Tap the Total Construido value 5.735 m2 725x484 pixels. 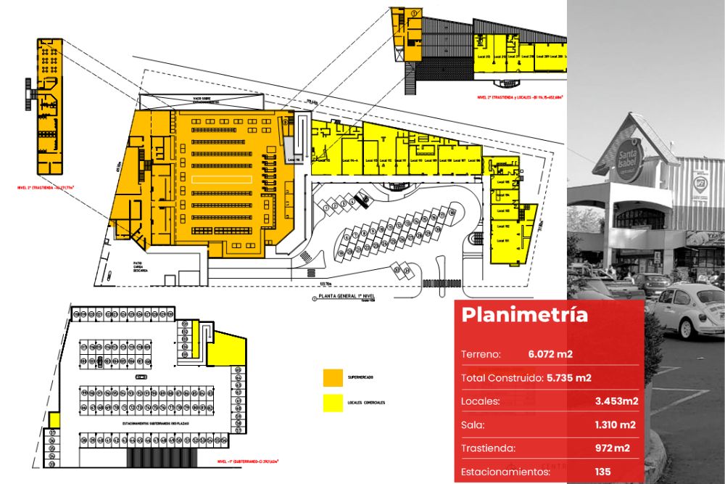(x=568, y=378)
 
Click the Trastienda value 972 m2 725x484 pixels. (x=613, y=448)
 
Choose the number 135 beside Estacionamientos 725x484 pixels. (x=602, y=472)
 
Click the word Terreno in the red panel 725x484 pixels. (x=481, y=354)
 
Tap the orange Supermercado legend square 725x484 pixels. (x=333, y=378)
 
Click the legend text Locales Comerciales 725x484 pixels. (x=366, y=403)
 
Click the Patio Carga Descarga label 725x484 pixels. (x=140, y=266)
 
